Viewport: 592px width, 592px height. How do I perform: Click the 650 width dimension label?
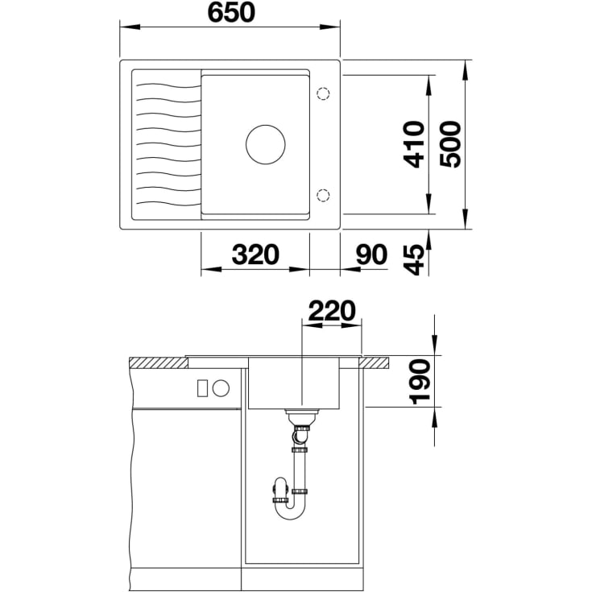(231, 12)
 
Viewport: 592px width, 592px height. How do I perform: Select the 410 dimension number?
(414, 144)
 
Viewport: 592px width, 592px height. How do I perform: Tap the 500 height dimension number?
(450, 144)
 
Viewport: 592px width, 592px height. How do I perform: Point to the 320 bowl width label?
(255, 254)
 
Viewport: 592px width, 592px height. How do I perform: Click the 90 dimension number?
(371, 254)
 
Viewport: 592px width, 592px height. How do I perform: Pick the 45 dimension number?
(414, 259)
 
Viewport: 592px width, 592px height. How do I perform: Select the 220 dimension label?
(332, 310)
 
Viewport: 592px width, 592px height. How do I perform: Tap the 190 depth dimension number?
(420, 382)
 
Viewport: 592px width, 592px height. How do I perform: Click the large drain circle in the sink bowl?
(266, 145)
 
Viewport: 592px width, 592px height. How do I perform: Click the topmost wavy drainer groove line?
(168, 85)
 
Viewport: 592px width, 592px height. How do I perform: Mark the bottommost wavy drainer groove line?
(168, 204)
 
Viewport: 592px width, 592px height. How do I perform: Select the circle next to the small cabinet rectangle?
(221, 388)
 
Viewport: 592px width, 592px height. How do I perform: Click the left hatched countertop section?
(159, 362)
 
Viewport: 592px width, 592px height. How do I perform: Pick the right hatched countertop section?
(375, 362)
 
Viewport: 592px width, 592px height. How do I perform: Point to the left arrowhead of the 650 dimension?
(130, 27)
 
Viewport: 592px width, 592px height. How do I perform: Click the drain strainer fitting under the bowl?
(302, 417)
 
